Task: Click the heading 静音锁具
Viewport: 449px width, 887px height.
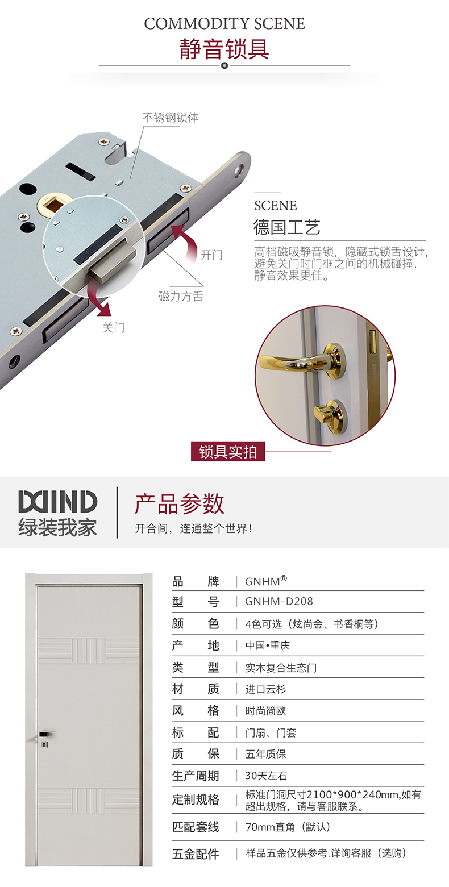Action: pyautogui.click(x=224, y=49)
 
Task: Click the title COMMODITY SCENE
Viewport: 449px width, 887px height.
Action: pyautogui.click(x=224, y=24)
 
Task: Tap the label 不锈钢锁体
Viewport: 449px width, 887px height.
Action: pyautogui.click(x=171, y=118)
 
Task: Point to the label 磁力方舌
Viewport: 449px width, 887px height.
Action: pyautogui.click(x=181, y=296)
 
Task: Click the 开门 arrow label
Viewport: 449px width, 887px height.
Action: pyautogui.click(x=211, y=255)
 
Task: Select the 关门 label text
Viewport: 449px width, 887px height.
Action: pyautogui.click(x=113, y=328)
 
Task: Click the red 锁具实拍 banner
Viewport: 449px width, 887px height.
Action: pyautogui.click(x=228, y=451)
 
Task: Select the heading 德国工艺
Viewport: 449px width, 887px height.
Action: pyautogui.click(x=286, y=227)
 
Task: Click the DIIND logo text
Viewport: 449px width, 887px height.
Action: pyautogui.click(x=57, y=501)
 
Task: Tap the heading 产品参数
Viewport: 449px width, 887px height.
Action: pyautogui.click(x=180, y=503)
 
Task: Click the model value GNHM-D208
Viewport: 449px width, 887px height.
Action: pyautogui.click(x=278, y=602)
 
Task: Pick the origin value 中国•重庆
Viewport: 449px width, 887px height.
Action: pyautogui.click(x=267, y=646)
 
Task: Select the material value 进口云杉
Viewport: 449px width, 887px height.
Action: pyautogui.click(x=265, y=689)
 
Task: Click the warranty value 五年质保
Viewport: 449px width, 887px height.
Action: pyautogui.click(x=265, y=755)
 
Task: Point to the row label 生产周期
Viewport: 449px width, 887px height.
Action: pyautogui.click(x=196, y=776)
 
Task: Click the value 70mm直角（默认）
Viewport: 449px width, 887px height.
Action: pyautogui.click(x=288, y=827)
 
